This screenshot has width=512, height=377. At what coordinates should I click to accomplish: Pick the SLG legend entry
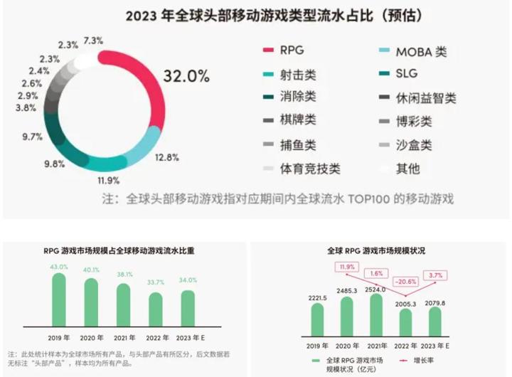pos(407,74)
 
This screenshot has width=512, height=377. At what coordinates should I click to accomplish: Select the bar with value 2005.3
pos(407,322)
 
